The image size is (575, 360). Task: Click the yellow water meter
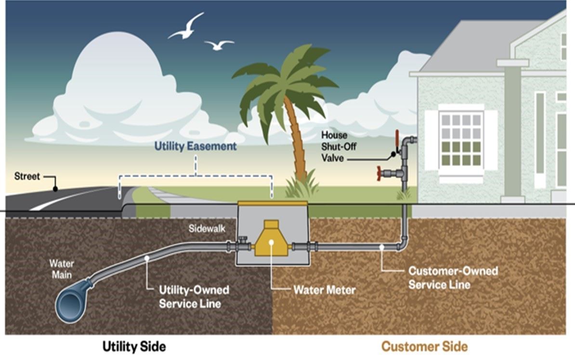click(271, 239)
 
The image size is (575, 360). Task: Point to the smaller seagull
click(219, 45)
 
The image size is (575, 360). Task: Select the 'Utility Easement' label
click(195, 146)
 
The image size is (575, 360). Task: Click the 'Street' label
click(27, 176)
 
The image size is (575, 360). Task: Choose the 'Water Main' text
click(61, 269)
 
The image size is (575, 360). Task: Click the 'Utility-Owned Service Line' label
click(194, 297)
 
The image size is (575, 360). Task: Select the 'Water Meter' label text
click(324, 290)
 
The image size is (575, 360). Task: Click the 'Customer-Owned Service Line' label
click(453, 278)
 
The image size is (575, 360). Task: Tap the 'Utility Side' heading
click(134, 347)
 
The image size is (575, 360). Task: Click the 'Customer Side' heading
click(424, 347)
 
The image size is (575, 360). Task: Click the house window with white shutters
click(461, 140)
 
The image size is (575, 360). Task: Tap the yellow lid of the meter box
click(273, 203)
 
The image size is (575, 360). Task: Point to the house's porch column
click(512, 130)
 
